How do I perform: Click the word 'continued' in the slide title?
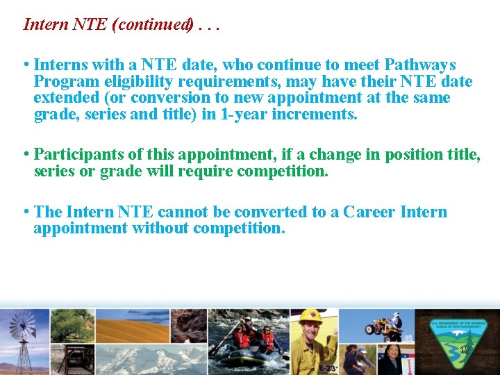[153, 24]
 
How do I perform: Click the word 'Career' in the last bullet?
[368, 212]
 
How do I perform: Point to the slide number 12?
[465, 351]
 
